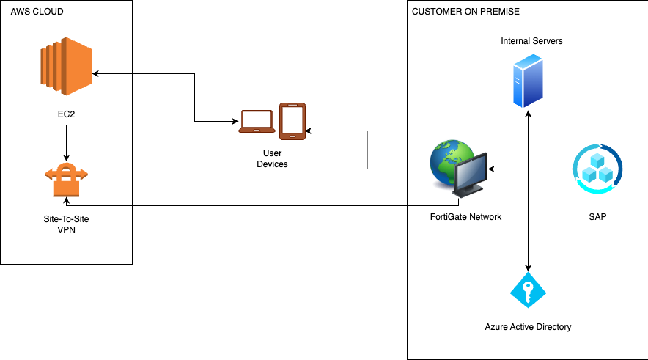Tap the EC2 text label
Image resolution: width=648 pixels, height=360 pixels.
point(67,116)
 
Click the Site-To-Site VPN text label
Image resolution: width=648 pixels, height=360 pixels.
point(67,224)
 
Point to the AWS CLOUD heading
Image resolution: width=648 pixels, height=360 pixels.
point(37,12)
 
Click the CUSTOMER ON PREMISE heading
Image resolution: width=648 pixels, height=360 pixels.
point(465,12)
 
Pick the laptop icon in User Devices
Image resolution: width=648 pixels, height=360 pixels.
point(257,122)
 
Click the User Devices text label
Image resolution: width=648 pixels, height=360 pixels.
point(272,158)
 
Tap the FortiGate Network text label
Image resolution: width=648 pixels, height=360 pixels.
point(465,217)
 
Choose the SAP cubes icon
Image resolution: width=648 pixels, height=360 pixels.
point(597,169)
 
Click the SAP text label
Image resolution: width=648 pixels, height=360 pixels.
point(597,217)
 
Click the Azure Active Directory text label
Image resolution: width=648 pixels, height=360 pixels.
point(528,326)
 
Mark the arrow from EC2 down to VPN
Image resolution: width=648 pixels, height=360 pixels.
point(67,143)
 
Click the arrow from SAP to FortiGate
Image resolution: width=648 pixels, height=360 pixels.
point(531,169)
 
